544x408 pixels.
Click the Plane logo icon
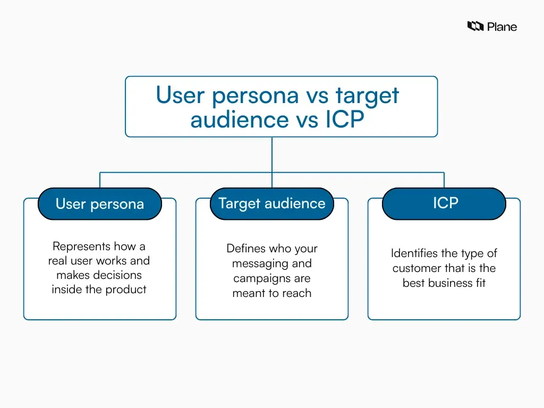coord(475,26)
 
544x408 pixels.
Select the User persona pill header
coord(99,204)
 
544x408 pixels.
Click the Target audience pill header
coord(271,203)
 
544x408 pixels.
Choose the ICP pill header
coord(444,203)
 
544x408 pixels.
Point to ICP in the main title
coord(344,120)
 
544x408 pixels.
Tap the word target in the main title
coord(367,96)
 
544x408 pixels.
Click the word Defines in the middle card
coord(245,249)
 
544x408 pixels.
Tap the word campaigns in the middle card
coord(258,278)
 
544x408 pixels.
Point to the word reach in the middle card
coord(298,293)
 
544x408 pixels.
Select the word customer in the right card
coord(416,268)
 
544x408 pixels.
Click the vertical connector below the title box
coord(272,154)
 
